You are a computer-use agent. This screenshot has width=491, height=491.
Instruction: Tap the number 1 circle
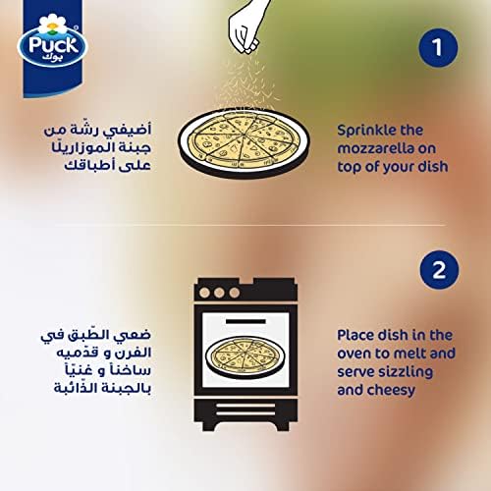438,48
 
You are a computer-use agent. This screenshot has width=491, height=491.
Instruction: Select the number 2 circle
439,270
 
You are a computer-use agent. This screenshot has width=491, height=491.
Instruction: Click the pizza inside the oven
245,356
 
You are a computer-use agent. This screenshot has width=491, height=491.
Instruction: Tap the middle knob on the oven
219,293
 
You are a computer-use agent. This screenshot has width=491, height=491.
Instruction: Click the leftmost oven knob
204,293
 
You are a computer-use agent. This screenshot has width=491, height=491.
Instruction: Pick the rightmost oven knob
234,293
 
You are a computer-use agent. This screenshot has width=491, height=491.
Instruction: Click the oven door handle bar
245,321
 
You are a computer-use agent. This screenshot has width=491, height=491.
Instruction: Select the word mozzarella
375,148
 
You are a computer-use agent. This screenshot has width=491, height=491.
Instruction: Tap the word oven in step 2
354,354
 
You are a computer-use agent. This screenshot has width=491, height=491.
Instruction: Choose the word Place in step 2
355,335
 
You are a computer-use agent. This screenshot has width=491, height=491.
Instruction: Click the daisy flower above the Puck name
52,25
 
